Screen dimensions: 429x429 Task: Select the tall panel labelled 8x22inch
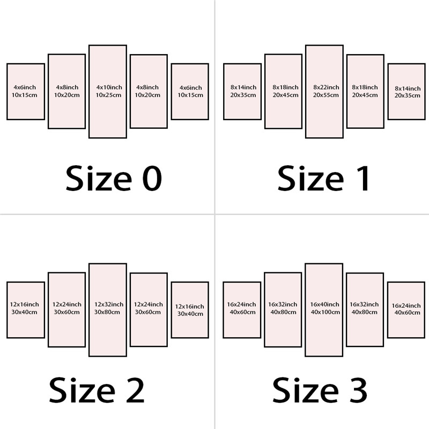324,115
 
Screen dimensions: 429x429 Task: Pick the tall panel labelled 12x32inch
108,332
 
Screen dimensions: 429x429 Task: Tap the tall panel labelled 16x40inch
324,332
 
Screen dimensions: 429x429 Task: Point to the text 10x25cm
109,95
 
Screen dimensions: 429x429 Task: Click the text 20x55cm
326,95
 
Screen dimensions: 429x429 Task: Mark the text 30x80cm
109,312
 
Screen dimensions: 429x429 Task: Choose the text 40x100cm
324,312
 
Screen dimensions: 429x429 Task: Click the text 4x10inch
109,87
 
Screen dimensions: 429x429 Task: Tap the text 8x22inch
326,87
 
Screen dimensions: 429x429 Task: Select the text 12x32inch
109,304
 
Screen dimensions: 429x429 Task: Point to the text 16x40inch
324,304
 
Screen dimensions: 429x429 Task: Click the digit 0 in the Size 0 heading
147,179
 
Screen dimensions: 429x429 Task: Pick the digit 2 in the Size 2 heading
131,390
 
